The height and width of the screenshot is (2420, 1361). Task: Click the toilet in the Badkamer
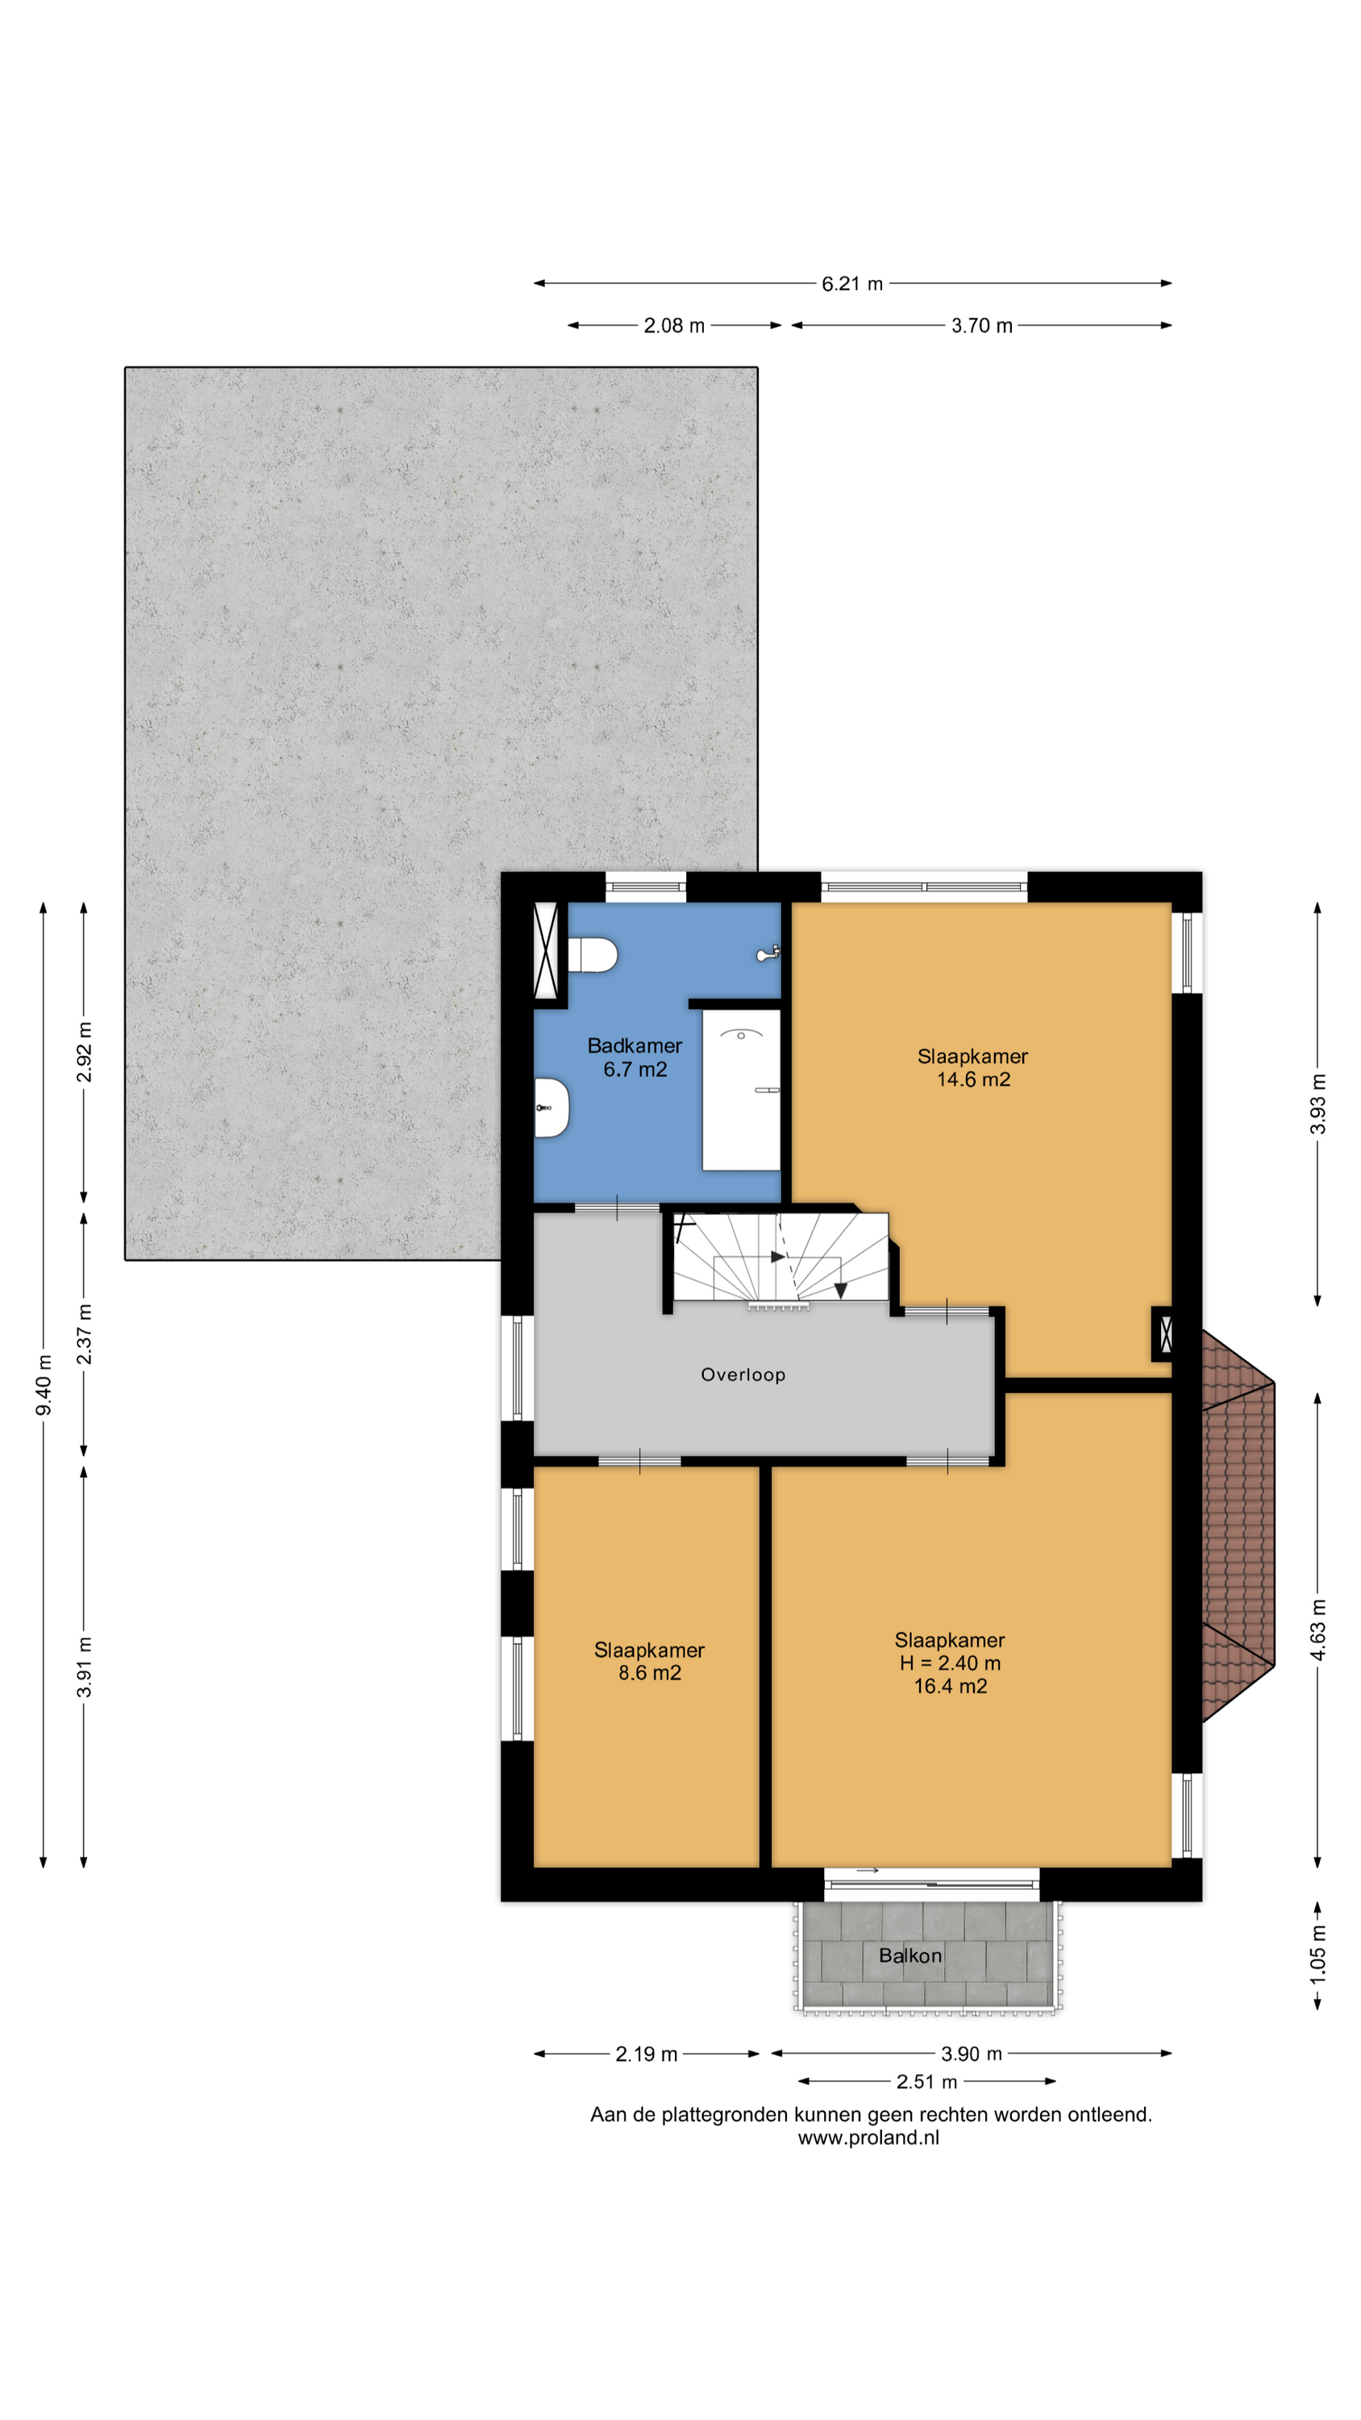(592, 954)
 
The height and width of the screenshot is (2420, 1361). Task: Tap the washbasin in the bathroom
(551, 1108)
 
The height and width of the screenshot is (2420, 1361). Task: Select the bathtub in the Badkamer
(741, 1090)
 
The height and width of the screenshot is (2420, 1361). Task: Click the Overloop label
(743, 1375)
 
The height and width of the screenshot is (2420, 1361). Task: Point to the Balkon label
(910, 1956)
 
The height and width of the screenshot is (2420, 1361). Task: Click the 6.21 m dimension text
(852, 284)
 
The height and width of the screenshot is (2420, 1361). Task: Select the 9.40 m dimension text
(44, 1385)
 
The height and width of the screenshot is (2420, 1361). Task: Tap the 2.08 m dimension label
(673, 326)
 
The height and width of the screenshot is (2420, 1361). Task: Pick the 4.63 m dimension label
(1317, 1629)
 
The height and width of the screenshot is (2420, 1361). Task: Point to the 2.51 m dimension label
(926, 2082)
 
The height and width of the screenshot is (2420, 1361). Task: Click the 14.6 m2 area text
(973, 1079)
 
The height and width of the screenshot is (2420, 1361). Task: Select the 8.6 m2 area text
(649, 1672)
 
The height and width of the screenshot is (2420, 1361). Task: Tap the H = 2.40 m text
(950, 1663)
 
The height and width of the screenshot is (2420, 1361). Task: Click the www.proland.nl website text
(868, 2137)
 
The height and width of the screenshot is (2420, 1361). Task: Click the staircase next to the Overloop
(780, 1257)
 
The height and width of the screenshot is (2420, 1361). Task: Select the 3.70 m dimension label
(981, 326)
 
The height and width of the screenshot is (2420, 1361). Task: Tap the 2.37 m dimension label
(85, 1334)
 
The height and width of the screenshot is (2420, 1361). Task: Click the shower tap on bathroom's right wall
(768, 954)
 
